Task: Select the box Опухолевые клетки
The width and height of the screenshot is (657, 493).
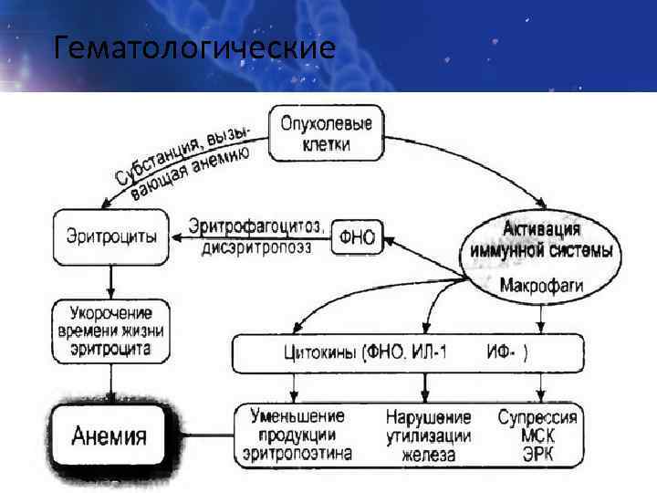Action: [x=325, y=132]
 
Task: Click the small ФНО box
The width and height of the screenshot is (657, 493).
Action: [x=357, y=236]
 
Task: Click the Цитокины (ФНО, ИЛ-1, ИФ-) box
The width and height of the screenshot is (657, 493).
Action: [x=408, y=353]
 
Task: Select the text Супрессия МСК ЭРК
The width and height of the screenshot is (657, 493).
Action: [x=537, y=435]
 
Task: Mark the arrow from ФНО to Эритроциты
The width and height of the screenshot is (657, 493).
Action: [x=246, y=237]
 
